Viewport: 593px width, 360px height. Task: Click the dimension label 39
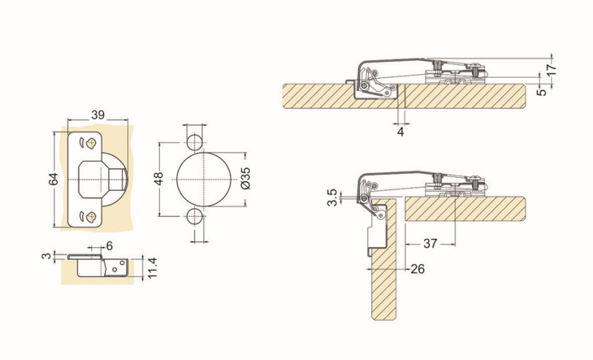(97, 114)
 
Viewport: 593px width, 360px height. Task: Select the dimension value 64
(53, 179)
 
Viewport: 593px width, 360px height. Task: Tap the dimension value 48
(159, 179)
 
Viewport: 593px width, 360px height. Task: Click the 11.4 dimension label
(151, 268)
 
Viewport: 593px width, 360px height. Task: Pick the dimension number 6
(110, 246)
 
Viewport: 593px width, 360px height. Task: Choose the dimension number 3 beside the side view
(46, 256)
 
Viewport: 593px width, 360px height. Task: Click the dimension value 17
(551, 70)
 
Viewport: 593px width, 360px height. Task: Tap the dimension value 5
(542, 91)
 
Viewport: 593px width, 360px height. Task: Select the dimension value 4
(401, 132)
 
